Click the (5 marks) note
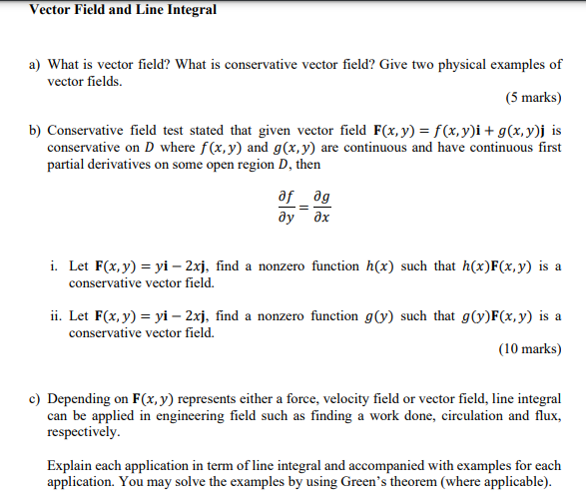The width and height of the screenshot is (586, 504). tap(533, 98)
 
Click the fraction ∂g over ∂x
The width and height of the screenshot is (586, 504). tap(318, 206)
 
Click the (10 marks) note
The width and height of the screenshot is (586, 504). tap(529, 349)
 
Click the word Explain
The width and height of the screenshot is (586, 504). tap(73, 466)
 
